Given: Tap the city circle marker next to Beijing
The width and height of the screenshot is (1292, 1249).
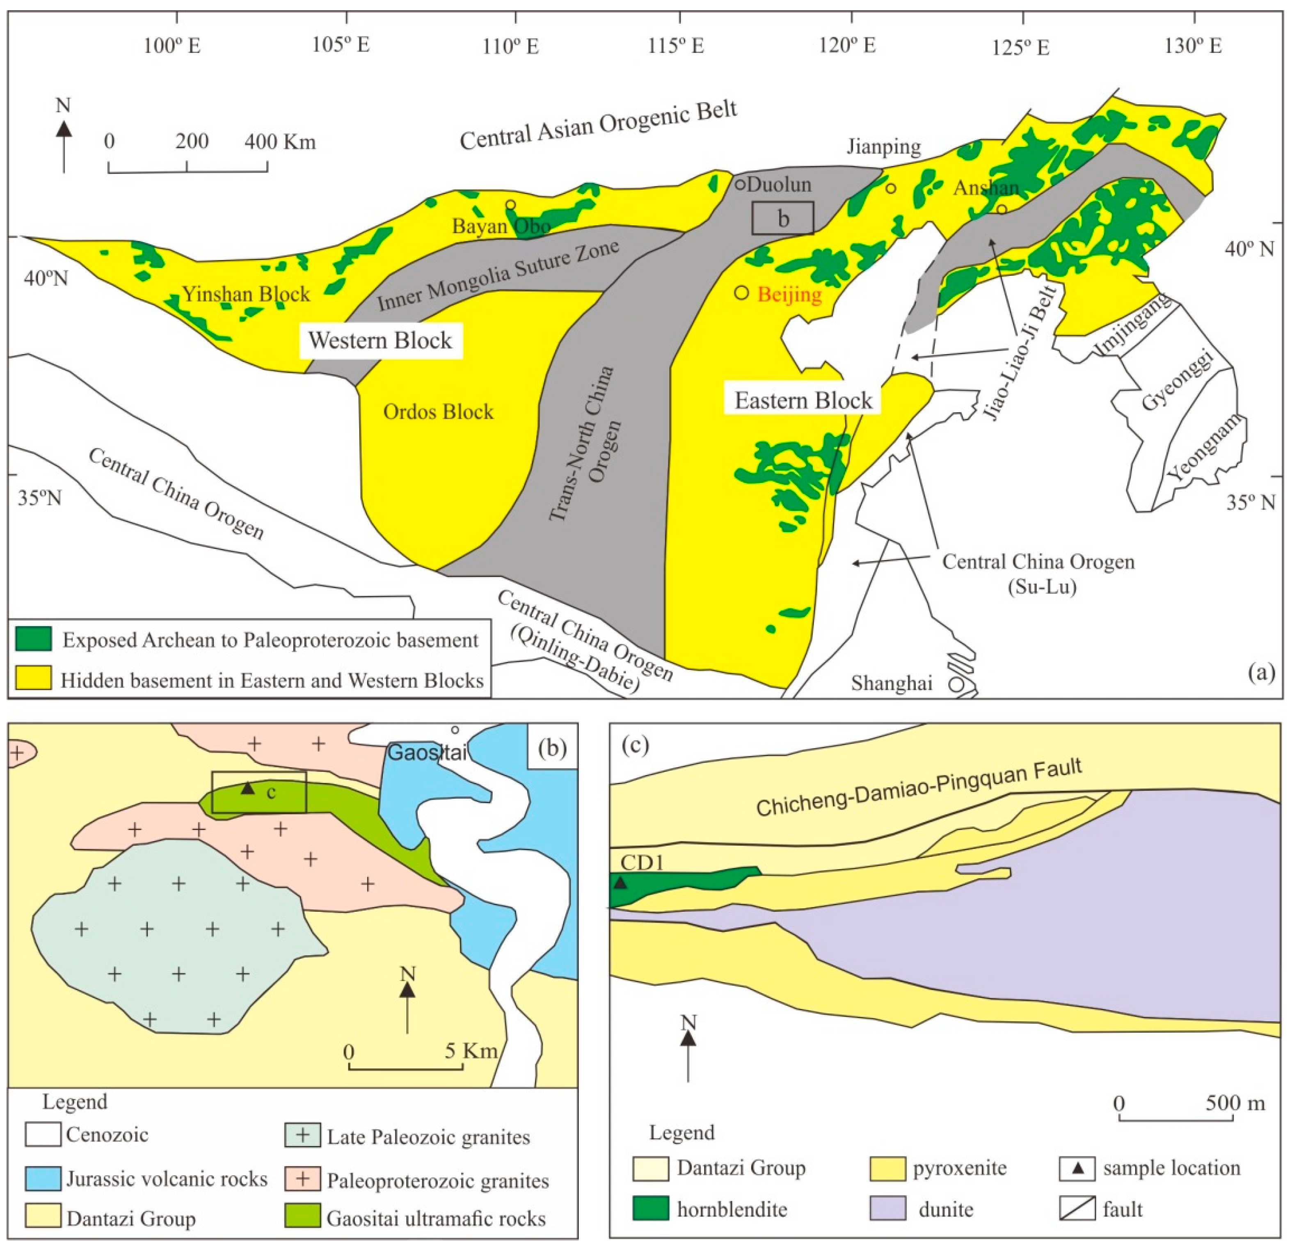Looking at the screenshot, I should click(x=741, y=293).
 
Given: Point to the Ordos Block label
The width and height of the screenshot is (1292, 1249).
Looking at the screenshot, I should click(x=438, y=412).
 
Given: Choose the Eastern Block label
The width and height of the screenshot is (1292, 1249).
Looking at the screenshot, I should click(x=803, y=400).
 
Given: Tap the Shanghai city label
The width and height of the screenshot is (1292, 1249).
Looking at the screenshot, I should click(x=891, y=683).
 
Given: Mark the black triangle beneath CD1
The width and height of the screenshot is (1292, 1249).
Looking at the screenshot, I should click(x=620, y=883).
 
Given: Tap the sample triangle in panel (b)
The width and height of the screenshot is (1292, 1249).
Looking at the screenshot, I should click(x=247, y=788).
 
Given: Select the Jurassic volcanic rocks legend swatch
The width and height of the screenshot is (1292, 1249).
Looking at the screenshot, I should click(x=43, y=1179).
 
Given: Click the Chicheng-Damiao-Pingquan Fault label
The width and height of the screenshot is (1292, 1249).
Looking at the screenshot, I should click(x=919, y=786).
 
